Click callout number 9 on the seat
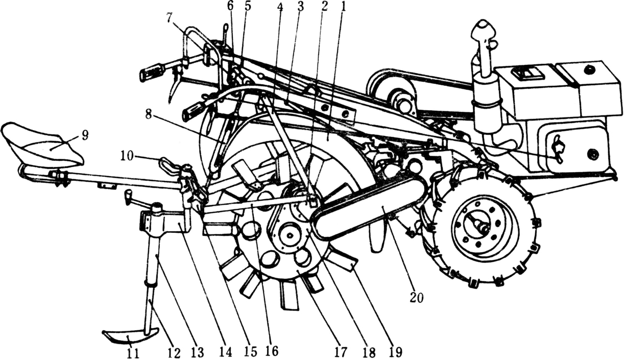(x=85, y=136)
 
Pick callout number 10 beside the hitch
(x=127, y=156)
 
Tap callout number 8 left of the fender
(x=149, y=114)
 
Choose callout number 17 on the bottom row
(x=342, y=352)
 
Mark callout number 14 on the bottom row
(x=225, y=352)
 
